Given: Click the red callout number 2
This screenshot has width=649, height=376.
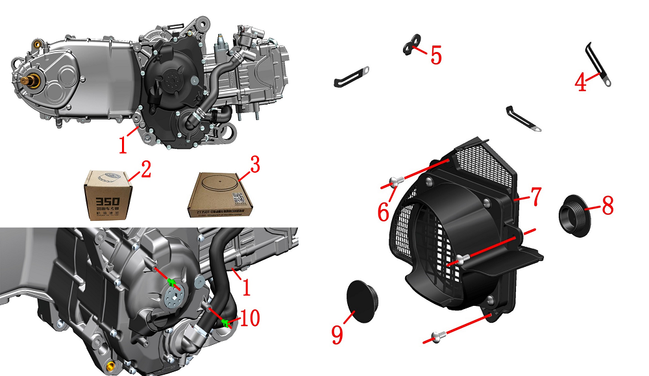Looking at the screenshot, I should (145, 170).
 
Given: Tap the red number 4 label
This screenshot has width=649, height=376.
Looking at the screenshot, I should (580, 82).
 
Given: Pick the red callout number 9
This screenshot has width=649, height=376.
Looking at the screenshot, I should (337, 334).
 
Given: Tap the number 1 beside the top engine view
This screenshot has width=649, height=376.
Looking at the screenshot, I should (123, 144).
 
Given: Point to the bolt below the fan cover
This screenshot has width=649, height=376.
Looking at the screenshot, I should (435, 336).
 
